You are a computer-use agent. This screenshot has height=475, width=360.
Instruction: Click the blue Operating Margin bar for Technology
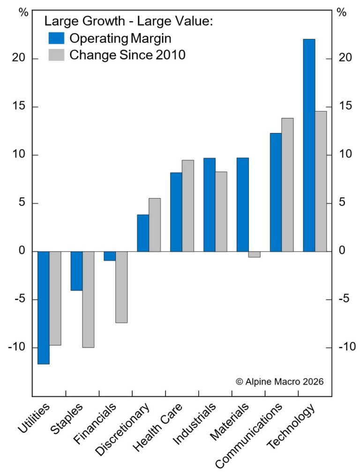(x=309, y=145)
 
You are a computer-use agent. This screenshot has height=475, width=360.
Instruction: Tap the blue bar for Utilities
(x=44, y=308)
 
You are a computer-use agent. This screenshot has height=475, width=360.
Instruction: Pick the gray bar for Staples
(x=88, y=299)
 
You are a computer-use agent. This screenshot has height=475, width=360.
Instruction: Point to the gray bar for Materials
(x=255, y=254)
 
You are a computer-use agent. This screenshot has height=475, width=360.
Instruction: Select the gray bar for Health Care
(x=188, y=206)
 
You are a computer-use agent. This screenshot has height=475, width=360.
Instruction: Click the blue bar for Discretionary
(x=143, y=233)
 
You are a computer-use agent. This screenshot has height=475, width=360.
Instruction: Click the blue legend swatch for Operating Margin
(x=56, y=38)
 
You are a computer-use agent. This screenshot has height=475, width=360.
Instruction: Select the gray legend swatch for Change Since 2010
(x=56, y=55)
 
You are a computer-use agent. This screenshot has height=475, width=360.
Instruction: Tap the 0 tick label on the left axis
(x=22, y=252)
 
